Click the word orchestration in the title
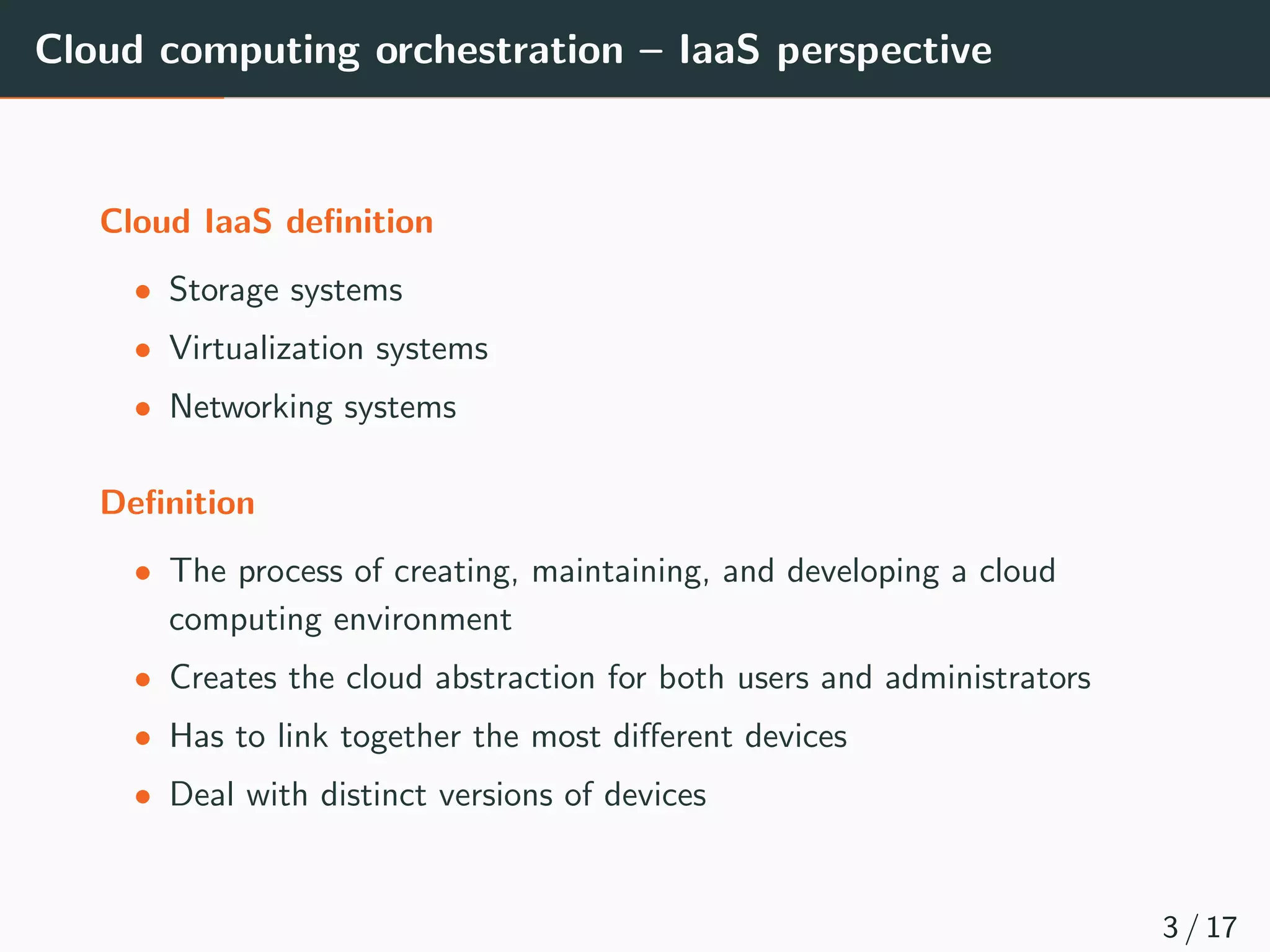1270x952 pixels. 499,51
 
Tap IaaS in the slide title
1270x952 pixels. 719,50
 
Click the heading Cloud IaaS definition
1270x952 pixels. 267,222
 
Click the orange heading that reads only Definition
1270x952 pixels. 177,503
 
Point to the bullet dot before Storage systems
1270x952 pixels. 143,291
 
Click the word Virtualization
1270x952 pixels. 266,348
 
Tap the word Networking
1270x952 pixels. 251,408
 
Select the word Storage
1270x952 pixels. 224,291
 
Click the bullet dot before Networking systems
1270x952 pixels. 143,408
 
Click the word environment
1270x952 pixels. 422,620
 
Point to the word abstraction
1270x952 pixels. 515,677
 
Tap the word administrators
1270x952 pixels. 987,677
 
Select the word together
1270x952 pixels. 400,737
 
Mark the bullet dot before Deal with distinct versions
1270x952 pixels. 143,796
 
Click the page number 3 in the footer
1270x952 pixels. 1170,928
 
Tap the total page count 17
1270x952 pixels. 1221,928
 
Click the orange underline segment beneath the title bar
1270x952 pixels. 112,97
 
